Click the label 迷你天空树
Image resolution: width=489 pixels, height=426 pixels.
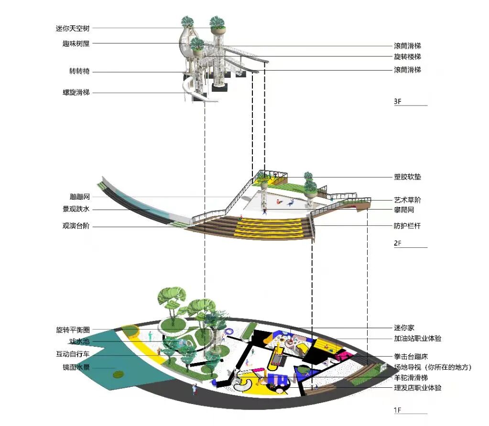[x=73, y=29]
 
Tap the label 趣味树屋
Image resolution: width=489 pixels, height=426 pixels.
[x=76, y=44]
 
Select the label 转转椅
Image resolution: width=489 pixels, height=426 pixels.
[x=79, y=72]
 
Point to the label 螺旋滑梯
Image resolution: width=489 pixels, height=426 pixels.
[x=76, y=92]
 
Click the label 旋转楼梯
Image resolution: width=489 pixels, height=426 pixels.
[x=407, y=57]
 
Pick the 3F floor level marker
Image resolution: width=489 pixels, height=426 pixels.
[x=398, y=102]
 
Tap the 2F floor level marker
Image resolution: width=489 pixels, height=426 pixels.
[x=398, y=244]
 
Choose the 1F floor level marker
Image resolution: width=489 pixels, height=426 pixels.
[x=398, y=410]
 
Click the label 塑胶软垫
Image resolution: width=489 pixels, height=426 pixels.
[x=407, y=177]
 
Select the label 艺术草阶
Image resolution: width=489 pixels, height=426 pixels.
[x=407, y=200]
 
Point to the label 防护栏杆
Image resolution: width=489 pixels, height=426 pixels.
[x=407, y=226]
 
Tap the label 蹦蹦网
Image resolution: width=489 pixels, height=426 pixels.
[x=79, y=197]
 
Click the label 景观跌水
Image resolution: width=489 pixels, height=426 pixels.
[x=76, y=210]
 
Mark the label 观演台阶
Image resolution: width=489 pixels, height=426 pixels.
[x=76, y=226]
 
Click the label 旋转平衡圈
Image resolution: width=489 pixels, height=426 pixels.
[x=73, y=330]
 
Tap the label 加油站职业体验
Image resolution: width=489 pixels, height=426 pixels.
[x=417, y=339]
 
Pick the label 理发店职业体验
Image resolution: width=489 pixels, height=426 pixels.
[x=417, y=388]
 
